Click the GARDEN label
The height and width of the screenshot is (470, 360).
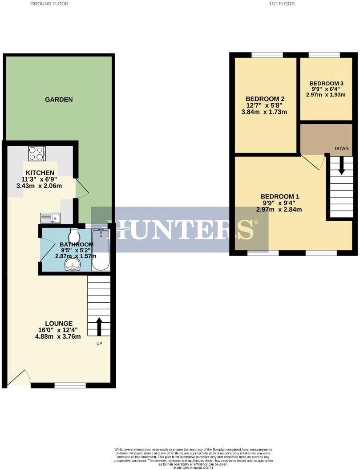tap(59, 100)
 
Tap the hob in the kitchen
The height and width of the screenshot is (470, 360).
tap(37, 154)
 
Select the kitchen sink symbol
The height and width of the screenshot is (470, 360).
tap(51, 218)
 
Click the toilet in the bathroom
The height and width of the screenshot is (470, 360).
tap(74, 234)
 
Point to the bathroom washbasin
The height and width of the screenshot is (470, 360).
tap(73, 265)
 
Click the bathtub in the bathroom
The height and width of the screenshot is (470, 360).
tap(101, 250)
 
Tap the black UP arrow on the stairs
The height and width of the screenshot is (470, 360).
tap(99, 326)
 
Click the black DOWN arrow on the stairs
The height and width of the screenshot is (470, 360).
tap(342, 166)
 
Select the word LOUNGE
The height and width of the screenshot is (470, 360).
tap(59, 323)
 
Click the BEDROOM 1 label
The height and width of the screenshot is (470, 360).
tap(280, 196)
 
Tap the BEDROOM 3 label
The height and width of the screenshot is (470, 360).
tap(326, 83)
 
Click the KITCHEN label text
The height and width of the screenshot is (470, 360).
tap(40, 173)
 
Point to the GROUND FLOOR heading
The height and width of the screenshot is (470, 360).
tap(49, 4)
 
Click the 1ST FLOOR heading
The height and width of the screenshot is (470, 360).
tap(282, 4)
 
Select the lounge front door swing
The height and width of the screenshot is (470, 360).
tap(19, 378)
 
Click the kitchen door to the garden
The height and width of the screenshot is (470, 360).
tap(82, 189)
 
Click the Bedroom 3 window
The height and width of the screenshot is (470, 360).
tap(324, 55)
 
